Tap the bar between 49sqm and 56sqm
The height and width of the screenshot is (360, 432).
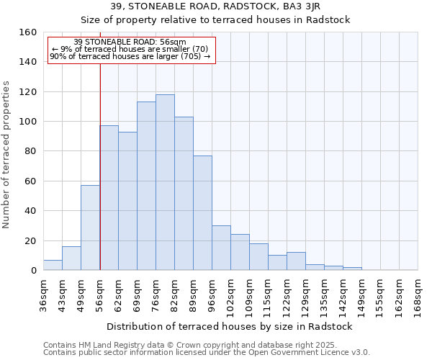point(90,228)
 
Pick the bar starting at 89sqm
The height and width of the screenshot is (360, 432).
point(202,213)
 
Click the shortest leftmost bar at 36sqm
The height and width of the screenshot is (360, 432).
point(53,265)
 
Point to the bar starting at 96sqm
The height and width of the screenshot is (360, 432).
point(221,248)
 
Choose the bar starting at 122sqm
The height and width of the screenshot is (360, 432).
point(296,261)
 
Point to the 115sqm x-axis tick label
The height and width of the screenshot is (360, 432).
point(269,295)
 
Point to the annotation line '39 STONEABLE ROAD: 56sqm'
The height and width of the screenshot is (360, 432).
point(130,42)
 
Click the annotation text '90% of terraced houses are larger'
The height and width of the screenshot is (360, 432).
point(114,56)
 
